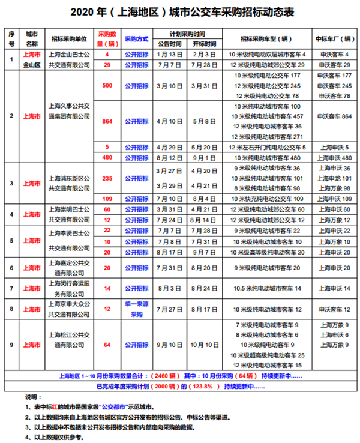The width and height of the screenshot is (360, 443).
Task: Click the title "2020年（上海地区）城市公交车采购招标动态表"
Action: [179, 13]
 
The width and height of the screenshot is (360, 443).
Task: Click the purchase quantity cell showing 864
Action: [107, 121]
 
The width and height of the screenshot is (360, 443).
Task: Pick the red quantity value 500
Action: [107, 86]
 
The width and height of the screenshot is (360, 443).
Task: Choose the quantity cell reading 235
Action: [107, 178]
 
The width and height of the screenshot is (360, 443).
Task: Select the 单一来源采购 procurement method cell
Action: [136, 309]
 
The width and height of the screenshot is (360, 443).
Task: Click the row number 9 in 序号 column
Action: [11, 345]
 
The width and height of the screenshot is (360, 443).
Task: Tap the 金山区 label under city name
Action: [32, 64]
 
